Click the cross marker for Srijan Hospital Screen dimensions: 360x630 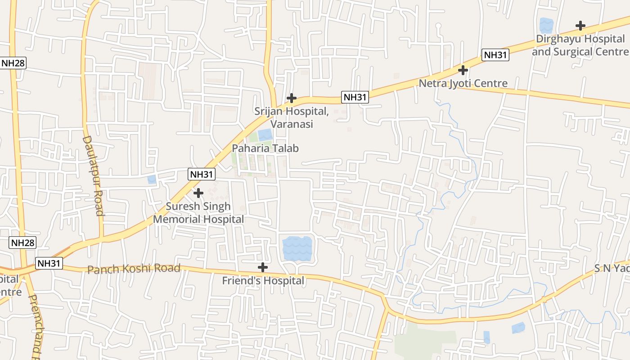tap(292, 98)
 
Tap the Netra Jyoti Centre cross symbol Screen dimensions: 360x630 tap(463, 70)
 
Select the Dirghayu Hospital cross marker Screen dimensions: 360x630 tap(580, 26)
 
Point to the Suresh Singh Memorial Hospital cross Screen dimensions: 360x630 tap(198, 193)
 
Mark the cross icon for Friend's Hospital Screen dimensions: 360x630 tap(263, 267)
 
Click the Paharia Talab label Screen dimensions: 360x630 tap(265, 148)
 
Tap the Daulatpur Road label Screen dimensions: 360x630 tap(93, 175)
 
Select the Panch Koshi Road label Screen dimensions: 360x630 tap(134, 269)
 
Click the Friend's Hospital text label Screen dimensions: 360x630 tap(263, 281)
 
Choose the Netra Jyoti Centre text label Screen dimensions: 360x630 tap(463, 83)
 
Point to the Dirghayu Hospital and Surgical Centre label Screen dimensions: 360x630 tap(580, 45)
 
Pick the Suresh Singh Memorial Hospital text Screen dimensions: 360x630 tap(198, 213)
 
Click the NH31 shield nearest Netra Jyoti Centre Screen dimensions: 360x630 tap(495, 55)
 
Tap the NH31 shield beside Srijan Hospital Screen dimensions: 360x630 tap(355, 97)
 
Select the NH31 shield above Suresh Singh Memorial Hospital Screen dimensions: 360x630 tap(202, 175)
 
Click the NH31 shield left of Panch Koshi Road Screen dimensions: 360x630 tap(49, 263)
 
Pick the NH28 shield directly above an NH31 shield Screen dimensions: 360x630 tap(22, 243)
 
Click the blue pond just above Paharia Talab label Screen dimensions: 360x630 tap(265, 135)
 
